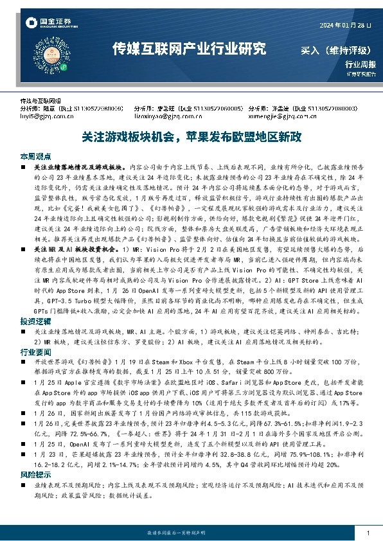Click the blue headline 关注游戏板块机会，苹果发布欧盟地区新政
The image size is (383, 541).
tap(191, 137)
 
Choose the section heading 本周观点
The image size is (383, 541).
tap(35, 156)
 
